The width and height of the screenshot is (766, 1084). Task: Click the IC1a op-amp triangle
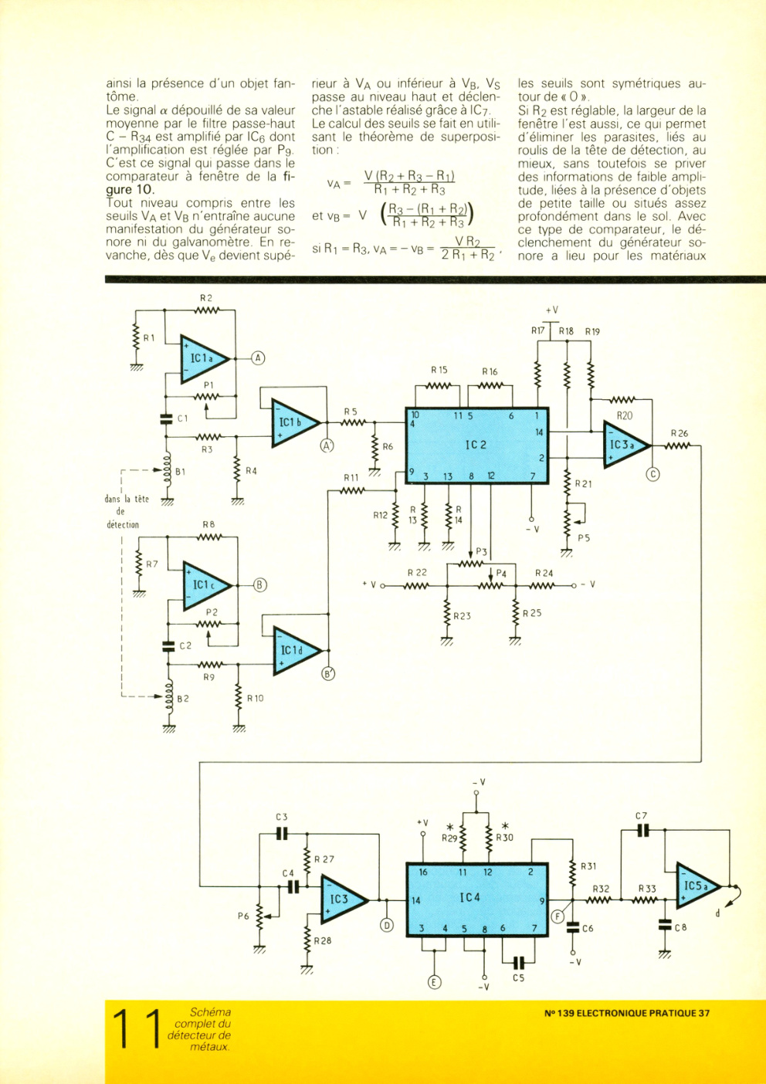pos(204,358)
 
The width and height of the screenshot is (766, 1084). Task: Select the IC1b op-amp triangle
pos(295,422)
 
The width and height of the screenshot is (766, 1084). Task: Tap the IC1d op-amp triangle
pos(297,651)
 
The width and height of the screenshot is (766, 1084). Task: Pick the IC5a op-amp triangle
pos(698,886)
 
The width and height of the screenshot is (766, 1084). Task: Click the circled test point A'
pos(327,446)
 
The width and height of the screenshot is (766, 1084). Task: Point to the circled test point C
pos(652,475)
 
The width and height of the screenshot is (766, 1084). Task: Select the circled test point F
pos(558,916)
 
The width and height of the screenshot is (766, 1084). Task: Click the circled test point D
pos(387,925)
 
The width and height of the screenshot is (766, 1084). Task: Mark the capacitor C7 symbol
pos(642,830)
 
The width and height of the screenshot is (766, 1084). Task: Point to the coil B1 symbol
pos(168,469)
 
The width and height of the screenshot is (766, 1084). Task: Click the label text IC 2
pos(476,445)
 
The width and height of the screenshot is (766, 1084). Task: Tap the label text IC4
pos(469,897)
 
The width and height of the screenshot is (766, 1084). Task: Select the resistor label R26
pos(680,433)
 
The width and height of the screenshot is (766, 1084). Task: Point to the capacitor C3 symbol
pos(282,833)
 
